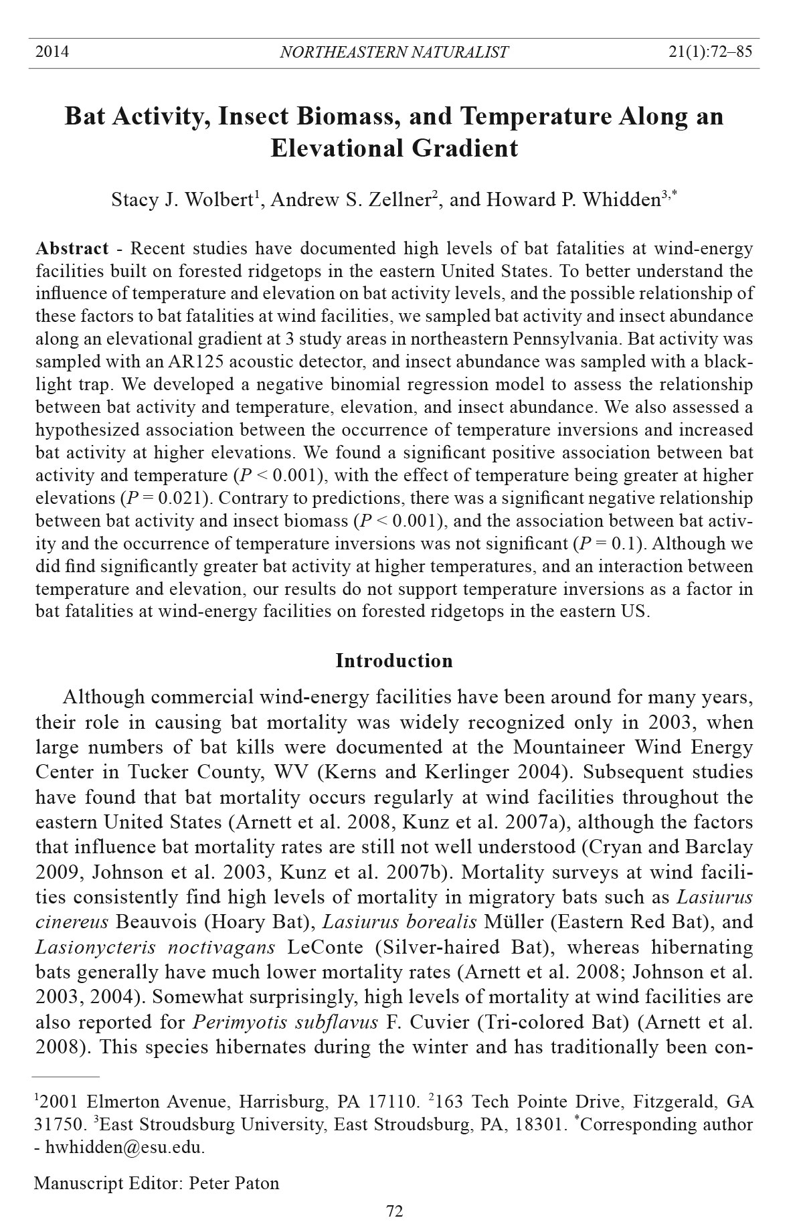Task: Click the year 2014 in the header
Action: pos(52,52)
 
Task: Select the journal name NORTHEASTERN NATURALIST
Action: pos(393,52)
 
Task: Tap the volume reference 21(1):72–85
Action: pos(710,52)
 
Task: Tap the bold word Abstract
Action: pos(72,249)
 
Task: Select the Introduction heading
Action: pos(393,661)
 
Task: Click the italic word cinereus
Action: pos(72,922)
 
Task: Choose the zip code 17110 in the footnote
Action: pos(393,1102)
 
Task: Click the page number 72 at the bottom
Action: pos(394,1211)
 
